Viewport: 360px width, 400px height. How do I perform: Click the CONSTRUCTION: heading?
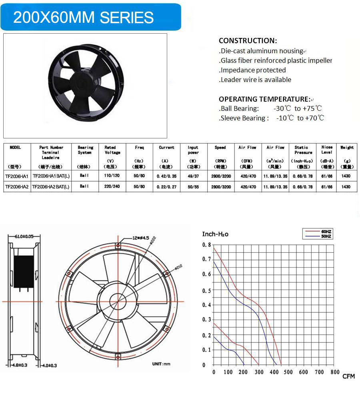pos(248,40)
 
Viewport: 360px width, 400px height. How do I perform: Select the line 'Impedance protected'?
pos(252,70)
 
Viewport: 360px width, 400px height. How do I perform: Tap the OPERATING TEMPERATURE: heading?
pos(264,99)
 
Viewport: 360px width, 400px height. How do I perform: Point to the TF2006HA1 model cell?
pos(17,176)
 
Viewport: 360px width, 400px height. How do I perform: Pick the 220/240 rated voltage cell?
pos(112,187)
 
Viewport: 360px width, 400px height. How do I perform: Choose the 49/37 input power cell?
pos(193,176)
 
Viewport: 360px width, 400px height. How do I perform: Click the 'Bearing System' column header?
pos(85,150)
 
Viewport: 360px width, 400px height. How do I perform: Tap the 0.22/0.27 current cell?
pos(166,187)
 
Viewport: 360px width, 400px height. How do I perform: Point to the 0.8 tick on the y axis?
pos(206,245)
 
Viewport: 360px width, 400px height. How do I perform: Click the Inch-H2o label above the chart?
pos(215,234)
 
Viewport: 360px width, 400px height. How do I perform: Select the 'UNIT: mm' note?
pos(161,364)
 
